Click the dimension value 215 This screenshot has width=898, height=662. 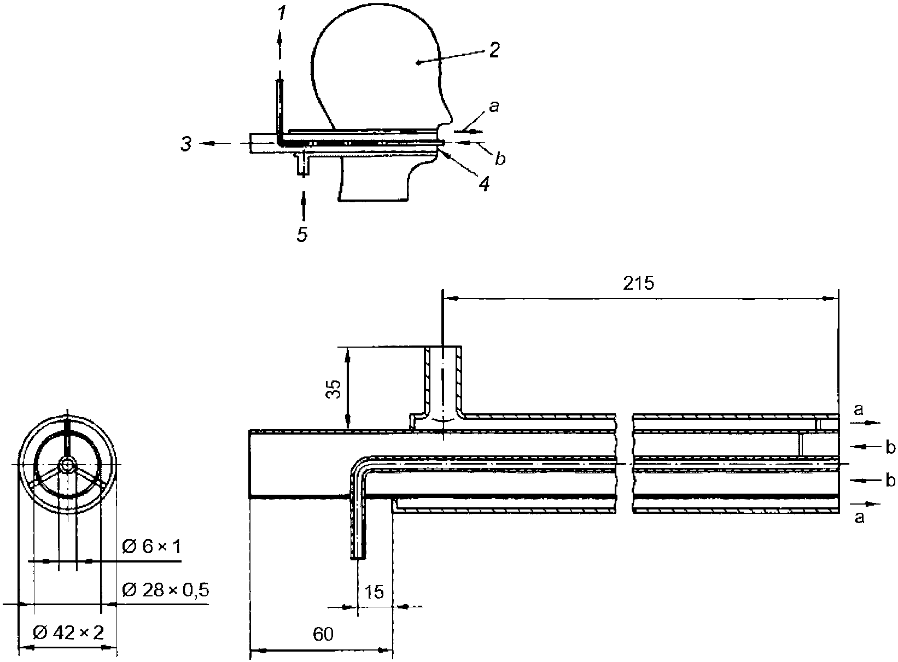[639, 284]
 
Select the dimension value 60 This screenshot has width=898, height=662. [323, 634]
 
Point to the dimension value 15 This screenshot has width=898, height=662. [374, 592]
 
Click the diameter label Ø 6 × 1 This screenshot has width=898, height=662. [151, 547]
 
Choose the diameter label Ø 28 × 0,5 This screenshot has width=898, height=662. [165, 590]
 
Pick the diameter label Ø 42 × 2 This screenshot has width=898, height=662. [68, 632]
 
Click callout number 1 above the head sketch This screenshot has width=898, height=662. [282, 14]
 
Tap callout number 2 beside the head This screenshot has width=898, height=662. [494, 50]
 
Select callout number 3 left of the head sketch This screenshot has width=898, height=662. [186, 144]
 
